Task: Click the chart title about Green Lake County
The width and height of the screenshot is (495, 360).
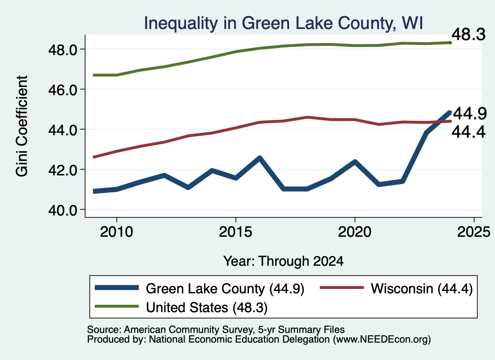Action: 283,23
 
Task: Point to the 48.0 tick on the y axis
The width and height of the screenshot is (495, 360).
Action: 63,50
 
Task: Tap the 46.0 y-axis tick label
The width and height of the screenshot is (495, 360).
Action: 63,90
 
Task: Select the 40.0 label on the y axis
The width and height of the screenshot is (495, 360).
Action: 63,210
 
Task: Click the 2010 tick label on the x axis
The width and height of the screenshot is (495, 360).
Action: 116,232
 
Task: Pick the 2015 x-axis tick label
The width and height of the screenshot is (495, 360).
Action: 235,232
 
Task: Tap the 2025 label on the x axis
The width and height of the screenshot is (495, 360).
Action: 474,232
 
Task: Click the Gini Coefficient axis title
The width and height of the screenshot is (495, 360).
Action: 22,126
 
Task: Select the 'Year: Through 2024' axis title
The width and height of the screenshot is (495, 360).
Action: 283,261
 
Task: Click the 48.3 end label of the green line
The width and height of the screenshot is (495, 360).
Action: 468,34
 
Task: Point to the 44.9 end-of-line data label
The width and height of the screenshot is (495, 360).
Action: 470,114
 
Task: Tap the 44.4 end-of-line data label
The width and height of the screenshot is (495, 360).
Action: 468,132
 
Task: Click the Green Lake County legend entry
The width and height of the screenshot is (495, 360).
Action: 200,288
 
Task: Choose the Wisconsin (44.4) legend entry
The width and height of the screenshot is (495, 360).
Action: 396,288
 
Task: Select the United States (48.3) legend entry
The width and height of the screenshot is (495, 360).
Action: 181,307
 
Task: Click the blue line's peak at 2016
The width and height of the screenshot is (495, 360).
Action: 260,158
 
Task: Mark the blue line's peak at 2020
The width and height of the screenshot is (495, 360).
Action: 355,161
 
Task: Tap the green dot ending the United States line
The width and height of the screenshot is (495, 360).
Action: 450,43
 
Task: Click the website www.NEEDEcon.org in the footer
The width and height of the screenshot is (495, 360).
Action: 381,340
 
